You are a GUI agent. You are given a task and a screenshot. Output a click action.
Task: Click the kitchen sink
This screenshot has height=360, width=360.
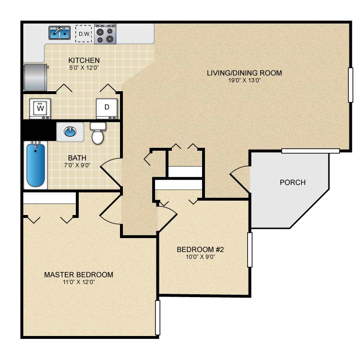coord(60,33)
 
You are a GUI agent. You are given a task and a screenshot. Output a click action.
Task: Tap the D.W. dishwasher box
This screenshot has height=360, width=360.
coord(84,34)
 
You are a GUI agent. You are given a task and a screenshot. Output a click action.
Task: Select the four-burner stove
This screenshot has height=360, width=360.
coord(105,34)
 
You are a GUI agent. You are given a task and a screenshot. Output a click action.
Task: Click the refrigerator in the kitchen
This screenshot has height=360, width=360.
coord(36,77)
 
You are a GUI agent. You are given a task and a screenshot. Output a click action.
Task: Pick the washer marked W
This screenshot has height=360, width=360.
coord(40,109)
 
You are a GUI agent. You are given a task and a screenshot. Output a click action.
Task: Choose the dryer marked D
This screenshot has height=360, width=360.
coord(107,109)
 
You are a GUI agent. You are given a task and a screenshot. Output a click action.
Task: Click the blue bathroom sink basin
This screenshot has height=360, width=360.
coord(70,132)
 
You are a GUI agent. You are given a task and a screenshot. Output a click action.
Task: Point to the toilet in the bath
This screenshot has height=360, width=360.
coord(98,133)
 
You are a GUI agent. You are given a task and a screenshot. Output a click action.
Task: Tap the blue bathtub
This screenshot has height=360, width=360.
coord(36,164)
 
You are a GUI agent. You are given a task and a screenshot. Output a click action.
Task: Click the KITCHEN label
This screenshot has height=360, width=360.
coord(84,60)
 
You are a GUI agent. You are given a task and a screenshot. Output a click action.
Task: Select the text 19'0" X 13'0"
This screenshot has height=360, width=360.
coord(244,80)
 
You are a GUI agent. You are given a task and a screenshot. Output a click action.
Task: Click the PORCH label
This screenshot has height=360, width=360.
coord(293,182)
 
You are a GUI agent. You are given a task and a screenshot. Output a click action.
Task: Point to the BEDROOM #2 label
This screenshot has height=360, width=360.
coord(200,249)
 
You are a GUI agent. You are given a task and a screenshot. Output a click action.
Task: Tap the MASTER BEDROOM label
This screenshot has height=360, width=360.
coord(79,275)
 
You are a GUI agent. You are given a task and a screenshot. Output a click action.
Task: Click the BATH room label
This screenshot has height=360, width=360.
coord(77,158)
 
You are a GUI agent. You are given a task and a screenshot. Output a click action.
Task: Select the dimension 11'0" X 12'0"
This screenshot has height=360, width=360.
coord(79,282)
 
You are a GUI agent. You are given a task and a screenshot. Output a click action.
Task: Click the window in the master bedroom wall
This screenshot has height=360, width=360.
coord(157,318)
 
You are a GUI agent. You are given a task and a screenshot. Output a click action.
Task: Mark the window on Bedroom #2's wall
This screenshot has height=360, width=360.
coord(250,250)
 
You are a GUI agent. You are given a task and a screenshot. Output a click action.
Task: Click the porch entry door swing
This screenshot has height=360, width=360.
coord(239,177)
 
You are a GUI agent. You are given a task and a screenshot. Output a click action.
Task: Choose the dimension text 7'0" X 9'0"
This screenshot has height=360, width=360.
coord(77,165)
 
